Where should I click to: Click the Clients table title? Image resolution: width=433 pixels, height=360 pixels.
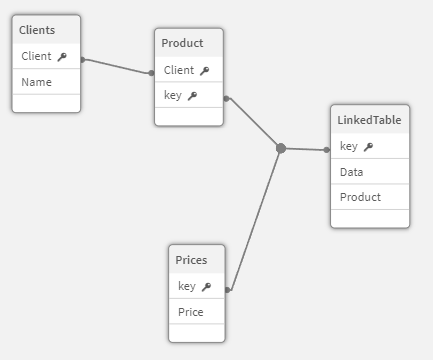[38, 31]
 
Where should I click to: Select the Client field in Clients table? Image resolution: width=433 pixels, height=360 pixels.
[36, 57]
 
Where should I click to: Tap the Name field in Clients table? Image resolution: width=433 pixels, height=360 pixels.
[36, 82]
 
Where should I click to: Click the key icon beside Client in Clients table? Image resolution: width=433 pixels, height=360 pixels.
[62, 58]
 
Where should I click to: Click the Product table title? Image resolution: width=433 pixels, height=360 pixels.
[182, 43]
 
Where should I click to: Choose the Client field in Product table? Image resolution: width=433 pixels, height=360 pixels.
[179, 70]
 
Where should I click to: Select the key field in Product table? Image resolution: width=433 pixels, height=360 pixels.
[173, 95]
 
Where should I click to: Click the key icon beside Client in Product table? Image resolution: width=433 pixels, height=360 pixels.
[205, 71]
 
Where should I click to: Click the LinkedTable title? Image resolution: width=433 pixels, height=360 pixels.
[370, 120]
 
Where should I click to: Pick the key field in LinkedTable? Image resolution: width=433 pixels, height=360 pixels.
[349, 146]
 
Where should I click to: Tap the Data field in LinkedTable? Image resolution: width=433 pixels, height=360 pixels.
[351, 172]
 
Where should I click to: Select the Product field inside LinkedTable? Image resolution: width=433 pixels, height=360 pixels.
[360, 197]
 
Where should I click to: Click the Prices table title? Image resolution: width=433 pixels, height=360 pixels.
[191, 260]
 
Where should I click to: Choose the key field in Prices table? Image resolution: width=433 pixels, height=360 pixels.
[187, 286]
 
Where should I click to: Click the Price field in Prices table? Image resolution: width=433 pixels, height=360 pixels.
[190, 312]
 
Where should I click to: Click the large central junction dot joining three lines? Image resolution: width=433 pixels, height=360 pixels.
[281, 148]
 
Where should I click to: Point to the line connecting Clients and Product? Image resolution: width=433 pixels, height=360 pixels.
[117, 66]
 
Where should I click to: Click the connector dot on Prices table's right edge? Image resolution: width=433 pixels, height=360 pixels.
[229, 290]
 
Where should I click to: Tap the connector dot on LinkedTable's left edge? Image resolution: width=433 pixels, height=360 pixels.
[327, 150]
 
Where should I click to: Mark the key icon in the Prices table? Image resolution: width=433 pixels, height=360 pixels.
[206, 287]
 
